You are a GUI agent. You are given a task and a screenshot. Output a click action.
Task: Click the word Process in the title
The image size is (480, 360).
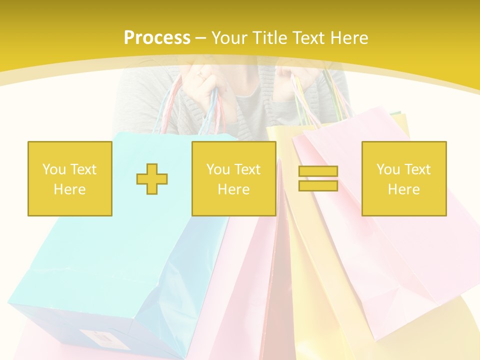(157, 38)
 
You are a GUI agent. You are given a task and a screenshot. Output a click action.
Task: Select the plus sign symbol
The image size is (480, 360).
(152, 178)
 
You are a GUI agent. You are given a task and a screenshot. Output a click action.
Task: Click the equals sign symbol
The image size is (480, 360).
(318, 178)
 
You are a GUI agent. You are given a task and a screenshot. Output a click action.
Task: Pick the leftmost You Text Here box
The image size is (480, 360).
(70, 178)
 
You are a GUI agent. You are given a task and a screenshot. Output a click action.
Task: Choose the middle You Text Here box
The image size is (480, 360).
(234, 178)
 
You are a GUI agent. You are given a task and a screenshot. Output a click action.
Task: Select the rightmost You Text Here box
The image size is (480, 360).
(404, 178)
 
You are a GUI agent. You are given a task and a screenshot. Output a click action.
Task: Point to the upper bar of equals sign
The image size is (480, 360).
(318, 171)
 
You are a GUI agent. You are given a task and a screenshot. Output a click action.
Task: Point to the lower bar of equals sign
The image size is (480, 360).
(318, 185)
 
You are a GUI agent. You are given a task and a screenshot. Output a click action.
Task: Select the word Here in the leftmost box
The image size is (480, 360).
(70, 189)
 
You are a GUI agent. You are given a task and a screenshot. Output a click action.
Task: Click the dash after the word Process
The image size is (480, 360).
(201, 38)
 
